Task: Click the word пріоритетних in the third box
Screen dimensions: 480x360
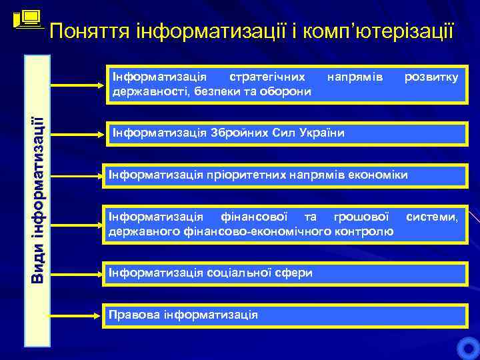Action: pyautogui.click(x=245, y=175)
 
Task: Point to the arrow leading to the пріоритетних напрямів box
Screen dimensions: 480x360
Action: pyautogui.click(x=73, y=175)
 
